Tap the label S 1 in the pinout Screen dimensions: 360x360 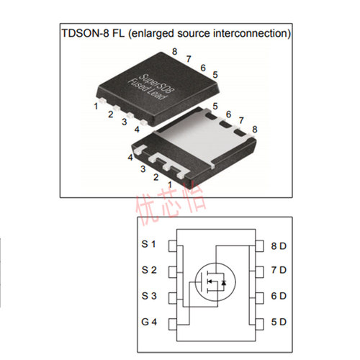pyautogui.click(x=149, y=245)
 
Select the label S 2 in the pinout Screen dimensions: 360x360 pyautogui.click(x=149, y=270)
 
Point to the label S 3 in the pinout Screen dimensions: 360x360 pyautogui.click(x=149, y=296)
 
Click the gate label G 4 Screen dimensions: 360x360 pyautogui.click(x=149, y=321)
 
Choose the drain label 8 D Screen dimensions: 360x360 pyautogui.click(x=279, y=246)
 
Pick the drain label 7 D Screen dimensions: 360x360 pyautogui.click(x=279, y=271)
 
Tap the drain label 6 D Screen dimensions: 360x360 pyautogui.click(x=279, y=296)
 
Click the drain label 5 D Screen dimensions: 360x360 pyautogui.click(x=279, y=322)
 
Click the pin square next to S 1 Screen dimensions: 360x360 pyautogui.click(x=172, y=246)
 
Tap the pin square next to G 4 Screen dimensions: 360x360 pyautogui.click(x=172, y=322)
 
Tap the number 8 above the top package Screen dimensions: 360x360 pyautogui.click(x=174, y=51)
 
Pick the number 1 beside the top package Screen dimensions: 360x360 pyautogui.click(x=96, y=106)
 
